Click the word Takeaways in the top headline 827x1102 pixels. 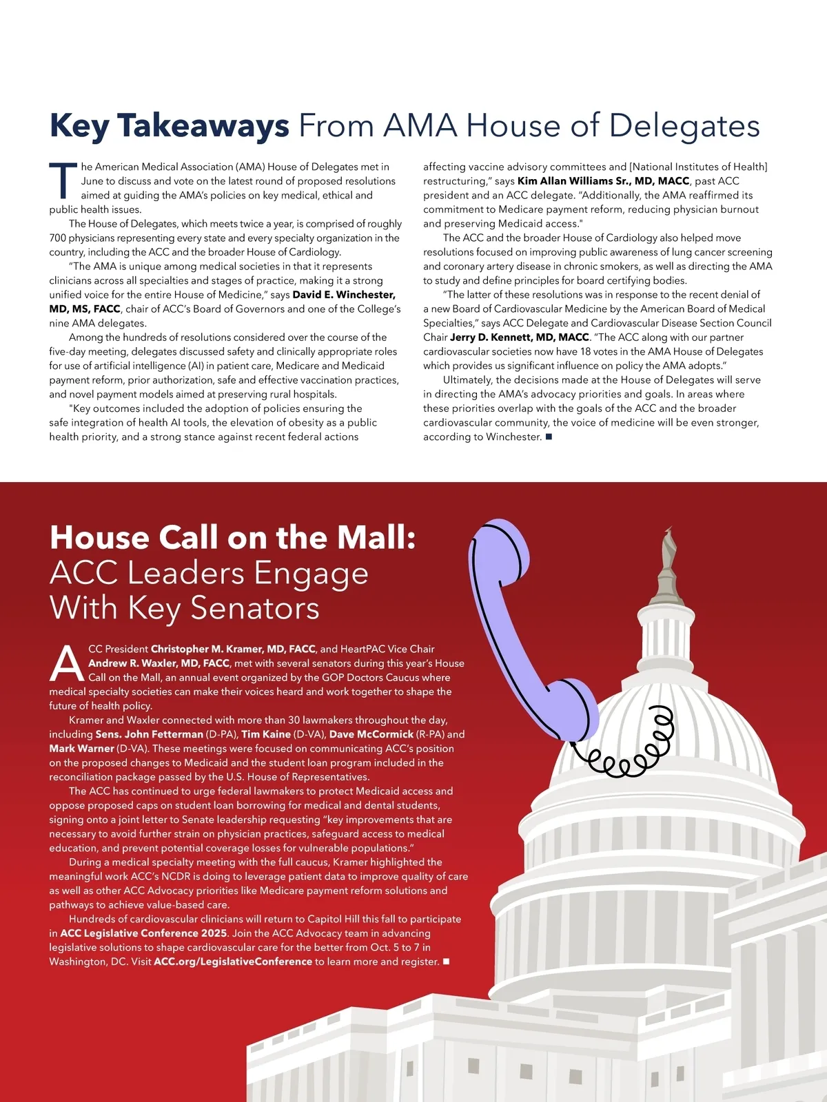click(x=203, y=126)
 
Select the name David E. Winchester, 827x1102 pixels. click(x=344, y=295)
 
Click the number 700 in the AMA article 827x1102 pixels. click(x=58, y=238)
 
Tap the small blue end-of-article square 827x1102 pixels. click(x=549, y=437)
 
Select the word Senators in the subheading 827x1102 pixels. click(x=254, y=608)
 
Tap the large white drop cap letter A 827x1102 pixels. click(x=67, y=664)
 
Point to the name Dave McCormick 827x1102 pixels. click(x=371, y=734)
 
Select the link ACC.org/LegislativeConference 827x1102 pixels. click(x=233, y=962)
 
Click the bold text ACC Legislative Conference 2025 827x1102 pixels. click(x=143, y=933)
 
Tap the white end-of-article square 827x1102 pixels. click(x=446, y=961)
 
